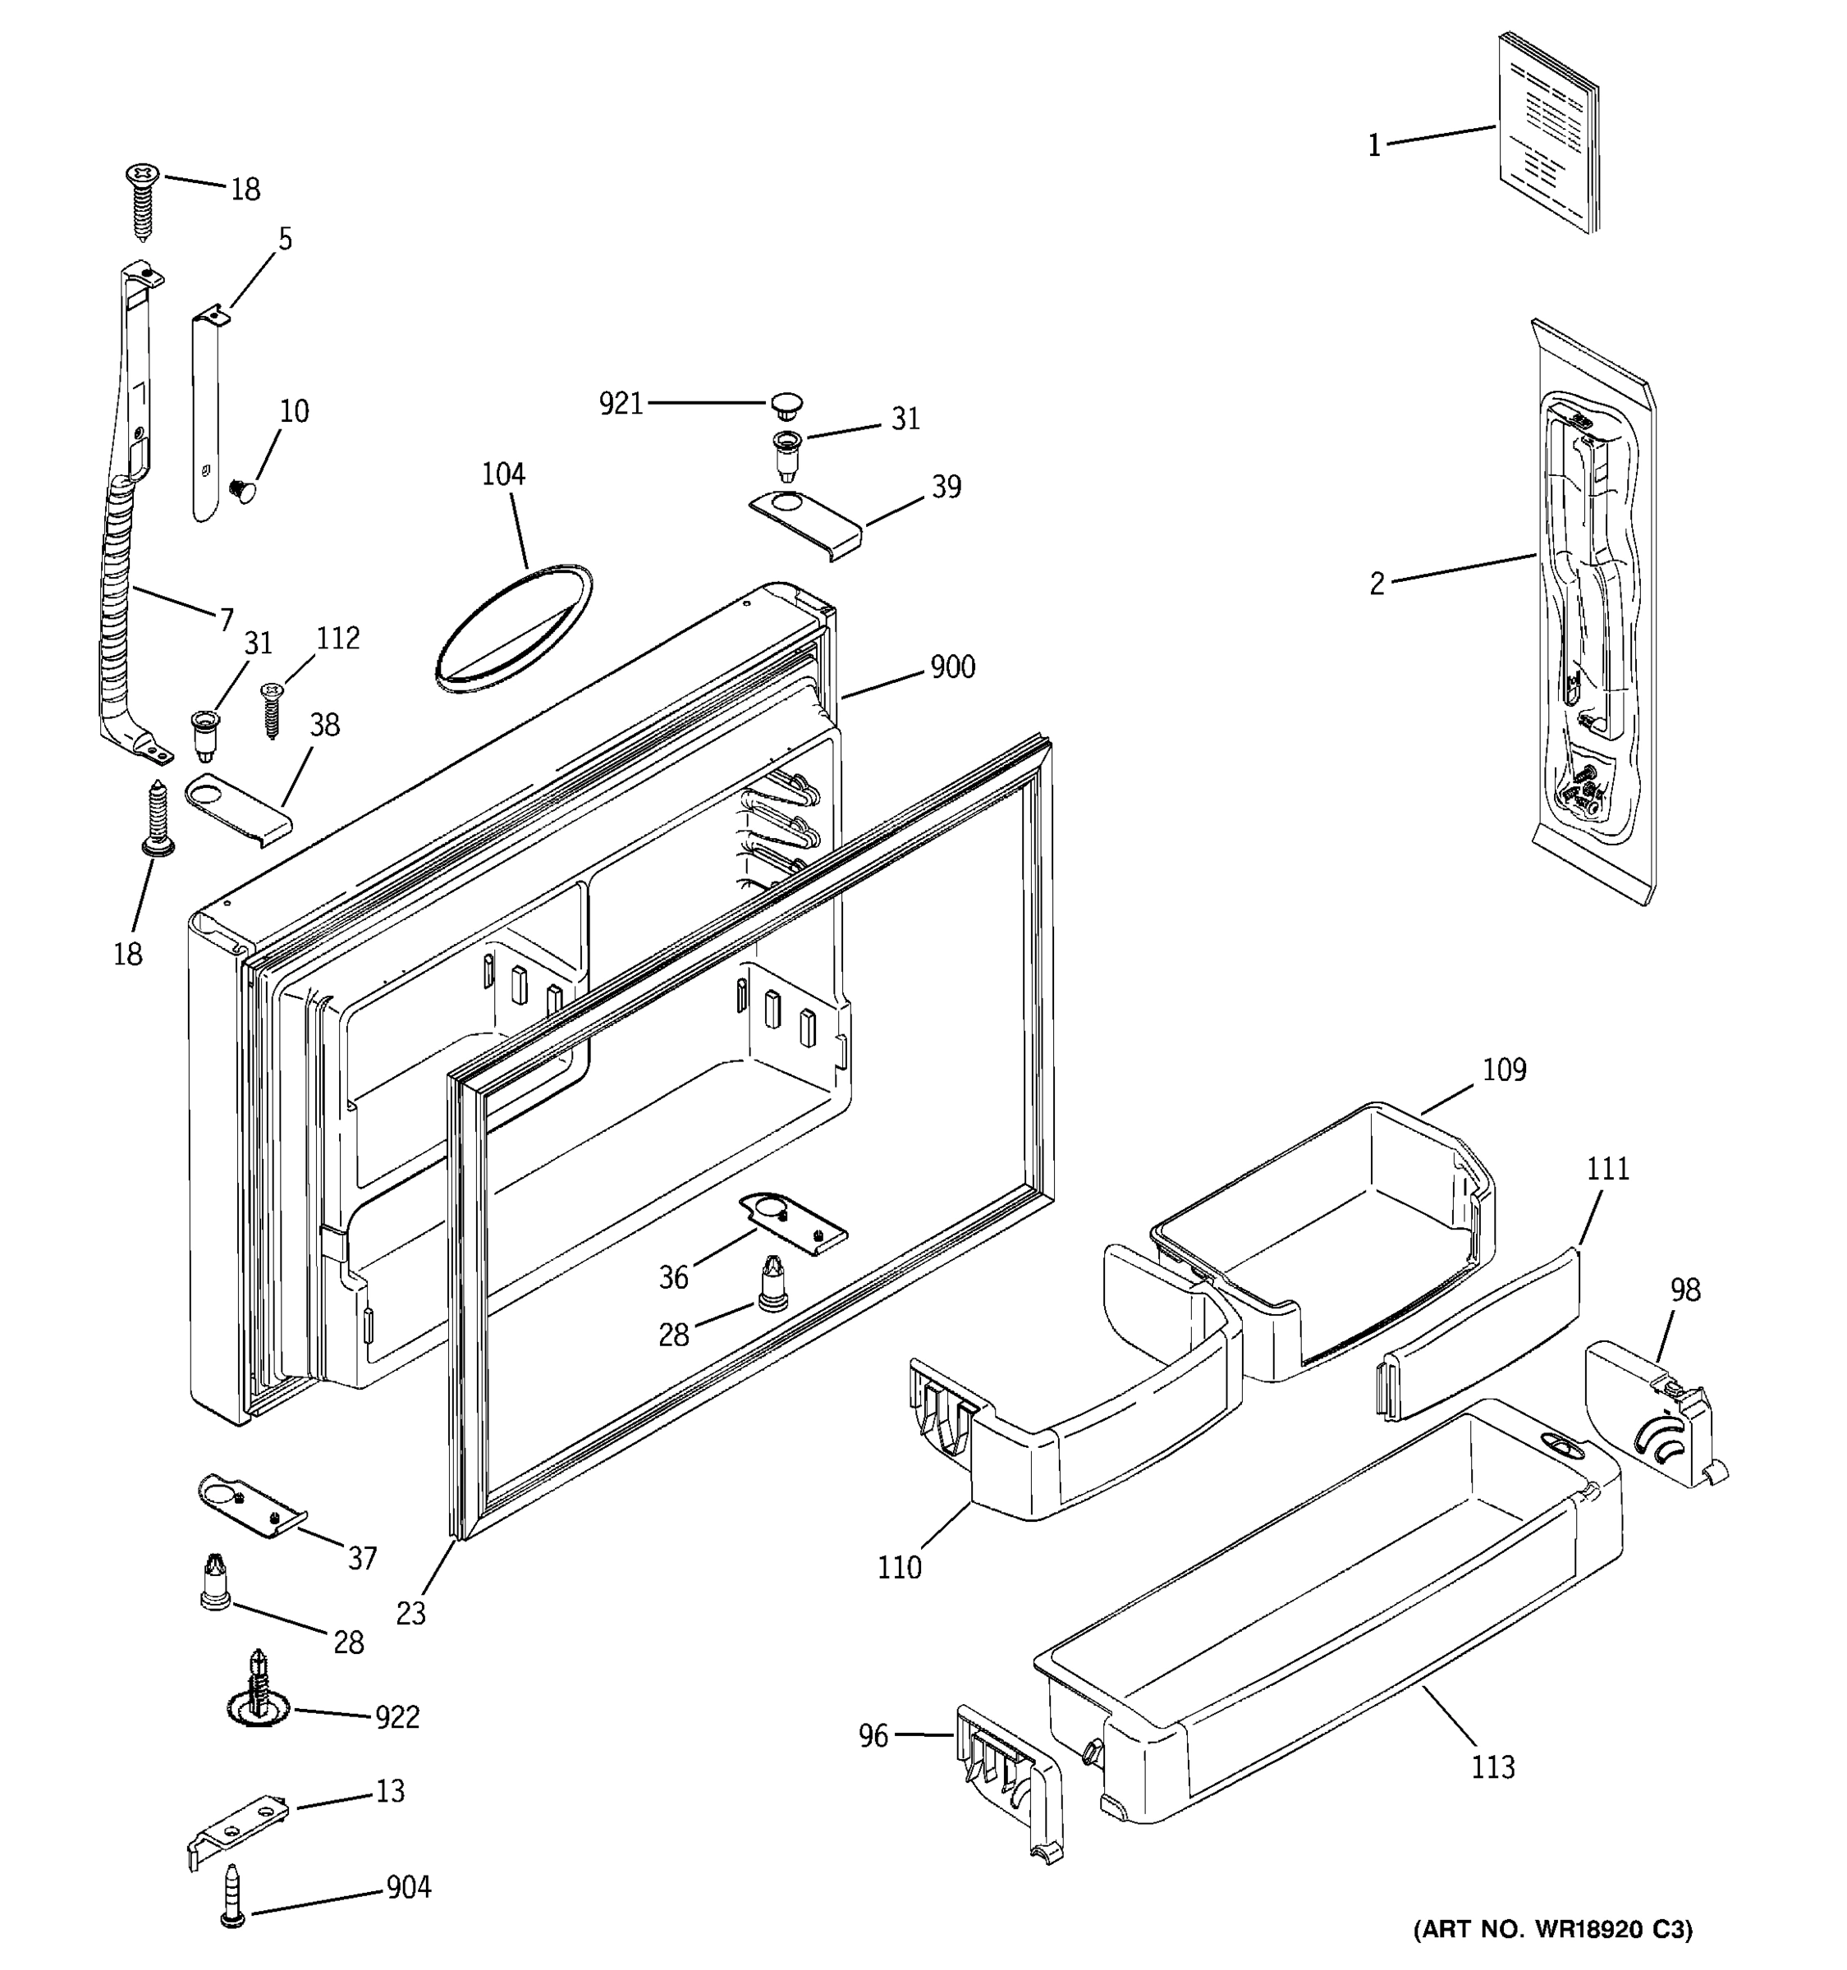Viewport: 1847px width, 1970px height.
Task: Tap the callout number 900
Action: [952, 667]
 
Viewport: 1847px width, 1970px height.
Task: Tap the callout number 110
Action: [899, 1568]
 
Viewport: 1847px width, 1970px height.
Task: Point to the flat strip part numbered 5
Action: [206, 416]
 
